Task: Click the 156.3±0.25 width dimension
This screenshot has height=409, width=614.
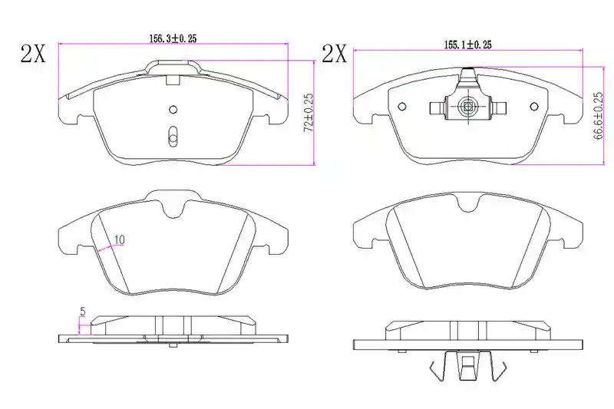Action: click(x=173, y=38)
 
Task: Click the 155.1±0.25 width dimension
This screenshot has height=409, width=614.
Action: click(x=467, y=45)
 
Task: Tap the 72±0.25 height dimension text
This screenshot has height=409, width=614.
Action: click(x=309, y=112)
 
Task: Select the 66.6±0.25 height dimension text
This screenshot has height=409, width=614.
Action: click(x=597, y=116)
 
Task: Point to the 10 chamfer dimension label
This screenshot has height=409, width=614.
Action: click(x=120, y=239)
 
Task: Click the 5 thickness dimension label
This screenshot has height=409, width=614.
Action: click(x=83, y=312)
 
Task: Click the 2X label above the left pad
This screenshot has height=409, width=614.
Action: click(x=33, y=54)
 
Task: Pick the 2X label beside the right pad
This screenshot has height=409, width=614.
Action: click(x=334, y=54)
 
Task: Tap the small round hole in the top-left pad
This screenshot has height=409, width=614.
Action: click(x=173, y=109)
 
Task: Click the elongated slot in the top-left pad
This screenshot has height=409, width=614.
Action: click(x=173, y=136)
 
